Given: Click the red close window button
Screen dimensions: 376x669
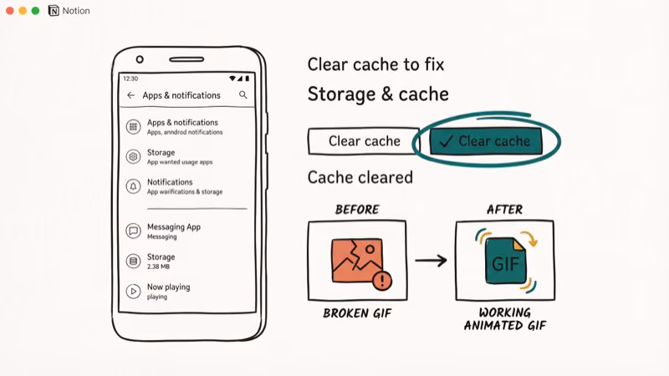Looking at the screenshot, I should (x=10, y=11).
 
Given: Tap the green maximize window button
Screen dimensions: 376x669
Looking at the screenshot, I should (x=35, y=11).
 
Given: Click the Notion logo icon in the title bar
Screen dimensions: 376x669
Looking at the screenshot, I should (x=54, y=11).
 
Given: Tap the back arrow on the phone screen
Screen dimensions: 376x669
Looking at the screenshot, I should (x=130, y=95).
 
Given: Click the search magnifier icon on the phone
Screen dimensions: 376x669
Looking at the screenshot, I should (x=243, y=95).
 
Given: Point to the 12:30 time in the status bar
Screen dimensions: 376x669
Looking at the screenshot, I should (x=130, y=79).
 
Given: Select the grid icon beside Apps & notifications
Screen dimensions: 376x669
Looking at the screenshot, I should (x=132, y=127).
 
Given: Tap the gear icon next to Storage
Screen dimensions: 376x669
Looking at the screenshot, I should (x=132, y=157).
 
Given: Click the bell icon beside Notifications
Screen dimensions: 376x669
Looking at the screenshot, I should (x=132, y=186).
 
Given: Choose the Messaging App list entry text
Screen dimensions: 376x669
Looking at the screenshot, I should (x=173, y=226).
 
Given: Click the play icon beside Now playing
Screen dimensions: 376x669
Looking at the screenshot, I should (x=132, y=291).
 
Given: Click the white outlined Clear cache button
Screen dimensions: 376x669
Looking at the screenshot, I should (x=365, y=141).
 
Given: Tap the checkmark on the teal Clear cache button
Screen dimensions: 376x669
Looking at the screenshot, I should (x=446, y=141).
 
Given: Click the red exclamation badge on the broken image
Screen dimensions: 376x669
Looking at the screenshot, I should (x=382, y=281).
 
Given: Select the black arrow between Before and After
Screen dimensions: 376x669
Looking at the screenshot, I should (x=431, y=262).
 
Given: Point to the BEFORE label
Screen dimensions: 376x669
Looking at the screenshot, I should (x=357, y=210).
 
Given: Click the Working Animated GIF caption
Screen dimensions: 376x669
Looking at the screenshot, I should (x=504, y=319).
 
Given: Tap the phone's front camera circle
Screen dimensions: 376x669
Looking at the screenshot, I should (x=140, y=59).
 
